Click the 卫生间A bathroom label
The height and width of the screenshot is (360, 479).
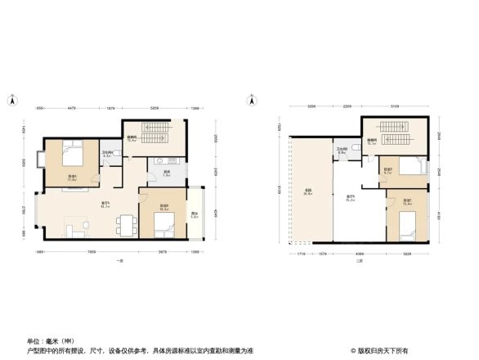(106, 154)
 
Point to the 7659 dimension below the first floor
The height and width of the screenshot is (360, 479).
(92, 251)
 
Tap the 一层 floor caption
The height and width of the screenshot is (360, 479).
(119, 260)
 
